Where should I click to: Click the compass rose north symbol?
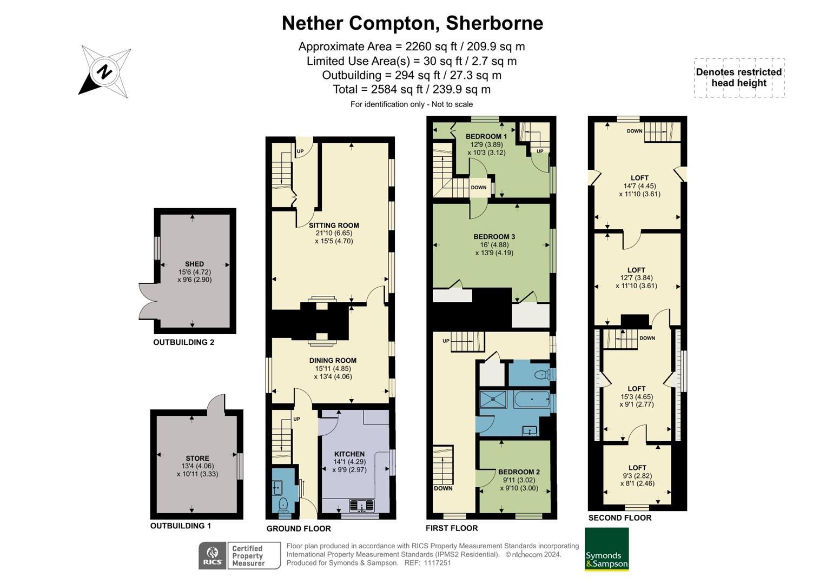[x=105, y=71]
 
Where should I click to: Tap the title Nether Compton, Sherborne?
[x=412, y=23]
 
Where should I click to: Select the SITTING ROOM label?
[x=334, y=225]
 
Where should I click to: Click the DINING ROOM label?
[x=333, y=361]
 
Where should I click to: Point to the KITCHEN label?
[x=349, y=454]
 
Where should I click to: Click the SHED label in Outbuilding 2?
[x=195, y=264]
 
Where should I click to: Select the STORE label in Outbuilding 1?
[x=197, y=458]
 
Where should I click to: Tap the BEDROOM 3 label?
[x=494, y=237]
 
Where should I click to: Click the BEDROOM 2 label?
[x=519, y=472]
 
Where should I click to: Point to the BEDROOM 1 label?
[x=486, y=137]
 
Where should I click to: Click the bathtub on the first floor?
[x=531, y=401]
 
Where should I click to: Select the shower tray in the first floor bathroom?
[x=493, y=400]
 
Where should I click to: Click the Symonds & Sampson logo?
[x=606, y=549]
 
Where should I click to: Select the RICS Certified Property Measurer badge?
[x=240, y=556]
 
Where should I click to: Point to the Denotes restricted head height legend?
[x=739, y=78]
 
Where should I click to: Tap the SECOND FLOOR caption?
[x=620, y=518]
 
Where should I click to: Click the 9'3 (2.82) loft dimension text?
[x=637, y=476]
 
